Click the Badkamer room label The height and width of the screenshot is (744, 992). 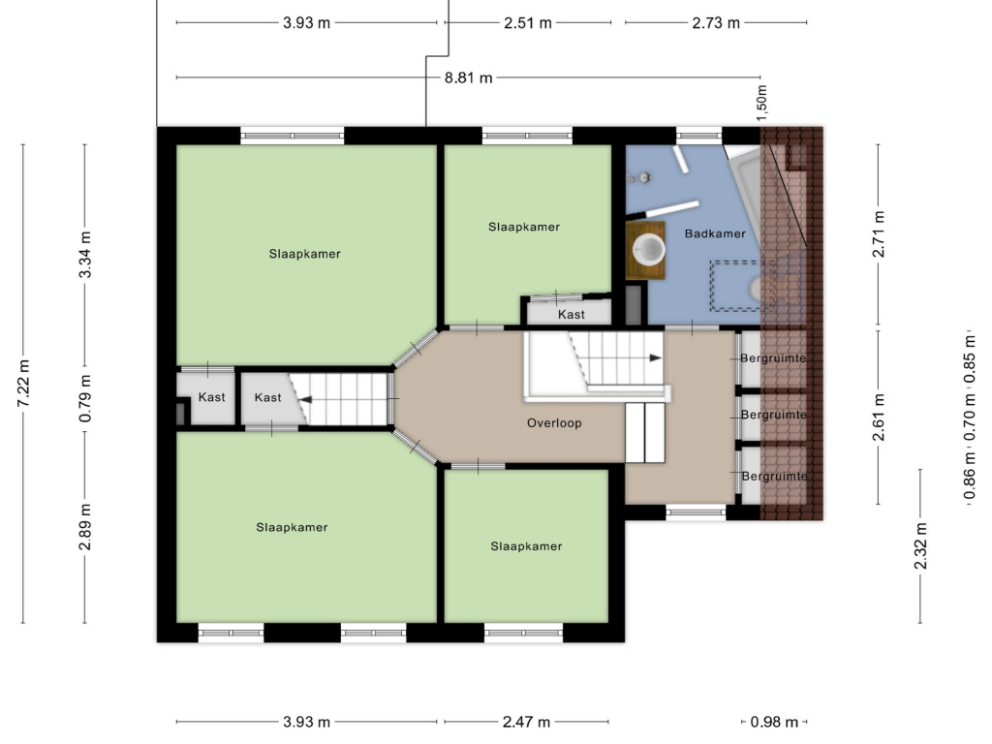715,233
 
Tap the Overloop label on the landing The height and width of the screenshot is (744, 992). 554,423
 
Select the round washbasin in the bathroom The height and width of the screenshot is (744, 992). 648,249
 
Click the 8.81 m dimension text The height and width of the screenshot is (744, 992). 468,77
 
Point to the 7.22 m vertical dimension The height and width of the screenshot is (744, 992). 23,384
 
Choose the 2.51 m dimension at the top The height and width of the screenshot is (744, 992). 528,23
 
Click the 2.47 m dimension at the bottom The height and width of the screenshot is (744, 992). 526,722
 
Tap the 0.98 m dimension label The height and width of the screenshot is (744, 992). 774,722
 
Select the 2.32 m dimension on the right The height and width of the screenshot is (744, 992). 920,545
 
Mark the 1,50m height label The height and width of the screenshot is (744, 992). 761,103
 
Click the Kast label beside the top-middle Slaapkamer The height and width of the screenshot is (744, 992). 572,315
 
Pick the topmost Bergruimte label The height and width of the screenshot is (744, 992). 773,358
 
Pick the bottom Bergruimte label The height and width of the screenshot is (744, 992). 774,477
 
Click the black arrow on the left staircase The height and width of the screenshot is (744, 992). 305,400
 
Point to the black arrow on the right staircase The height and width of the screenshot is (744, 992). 656,358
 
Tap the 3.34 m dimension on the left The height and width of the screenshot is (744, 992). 85,255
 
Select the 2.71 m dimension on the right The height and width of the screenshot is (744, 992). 878,234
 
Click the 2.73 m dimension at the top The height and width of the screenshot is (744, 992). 716,23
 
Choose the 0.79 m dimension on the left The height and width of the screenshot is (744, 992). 85,398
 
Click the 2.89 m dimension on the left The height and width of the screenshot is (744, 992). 85,527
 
